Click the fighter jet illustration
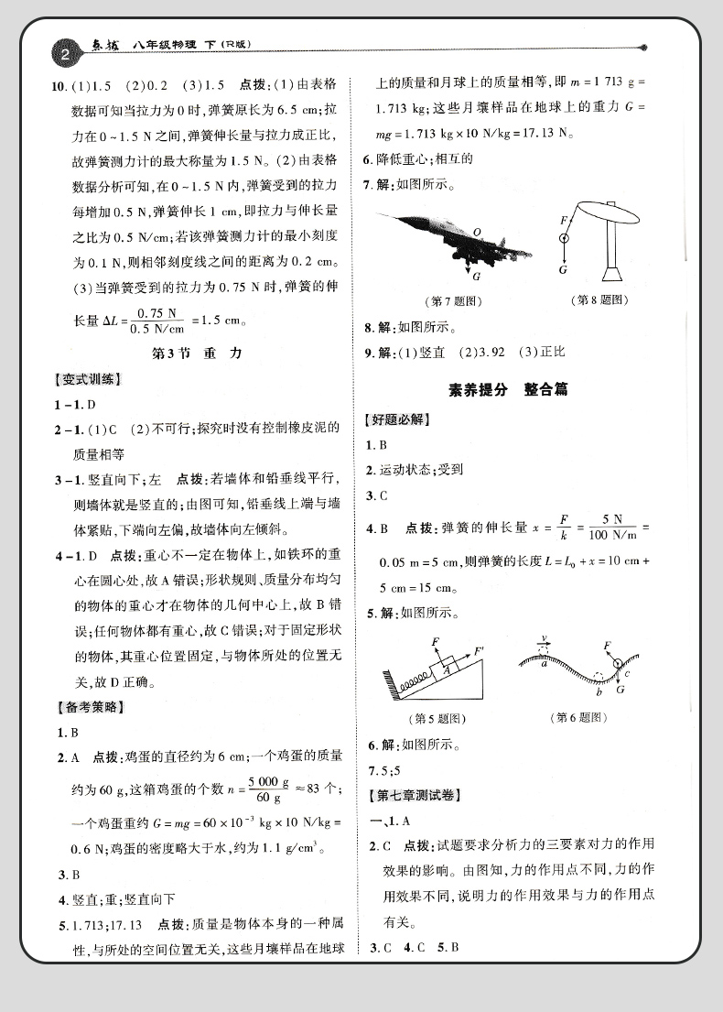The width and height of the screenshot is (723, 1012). (456, 237)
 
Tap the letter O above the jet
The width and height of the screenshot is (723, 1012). (477, 232)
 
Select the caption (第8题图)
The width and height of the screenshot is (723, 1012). (598, 299)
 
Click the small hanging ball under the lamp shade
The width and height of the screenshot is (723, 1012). (564, 237)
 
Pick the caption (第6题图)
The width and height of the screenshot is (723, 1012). (580, 718)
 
